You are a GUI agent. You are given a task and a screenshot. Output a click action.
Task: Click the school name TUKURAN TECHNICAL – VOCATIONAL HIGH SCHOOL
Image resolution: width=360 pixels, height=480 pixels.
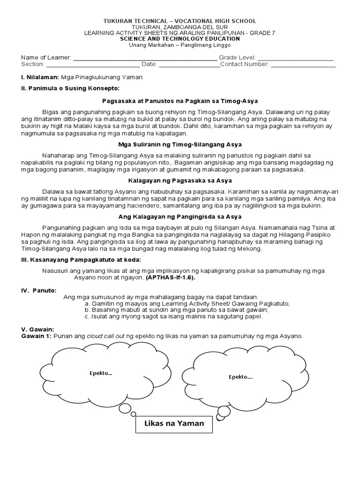click(x=180, y=21)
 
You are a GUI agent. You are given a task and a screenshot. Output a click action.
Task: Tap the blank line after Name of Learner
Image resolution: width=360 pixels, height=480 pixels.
click(x=145, y=59)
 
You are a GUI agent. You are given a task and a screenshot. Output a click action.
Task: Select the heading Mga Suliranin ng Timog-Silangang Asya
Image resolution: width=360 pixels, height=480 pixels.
click(x=180, y=144)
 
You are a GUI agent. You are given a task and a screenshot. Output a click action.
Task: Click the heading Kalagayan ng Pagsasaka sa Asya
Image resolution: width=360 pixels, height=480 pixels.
click(x=180, y=180)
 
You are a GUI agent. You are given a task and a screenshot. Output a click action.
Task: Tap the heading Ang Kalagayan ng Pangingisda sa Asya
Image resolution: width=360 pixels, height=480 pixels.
click(x=180, y=217)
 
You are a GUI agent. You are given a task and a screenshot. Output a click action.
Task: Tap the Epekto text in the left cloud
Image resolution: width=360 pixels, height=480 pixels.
click(x=101, y=373)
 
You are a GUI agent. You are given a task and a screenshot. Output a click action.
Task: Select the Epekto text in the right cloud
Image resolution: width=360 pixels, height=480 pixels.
click(x=240, y=376)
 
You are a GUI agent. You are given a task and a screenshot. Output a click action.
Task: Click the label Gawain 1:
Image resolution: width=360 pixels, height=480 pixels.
click(x=37, y=336)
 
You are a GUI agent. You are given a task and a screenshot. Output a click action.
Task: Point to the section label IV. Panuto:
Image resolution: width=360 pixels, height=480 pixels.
click(x=38, y=291)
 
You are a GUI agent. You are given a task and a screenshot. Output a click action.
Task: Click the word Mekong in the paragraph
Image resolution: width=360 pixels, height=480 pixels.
click(x=251, y=249)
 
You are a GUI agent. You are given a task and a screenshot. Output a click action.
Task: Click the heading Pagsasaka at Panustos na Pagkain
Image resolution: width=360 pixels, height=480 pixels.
click(x=180, y=101)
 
